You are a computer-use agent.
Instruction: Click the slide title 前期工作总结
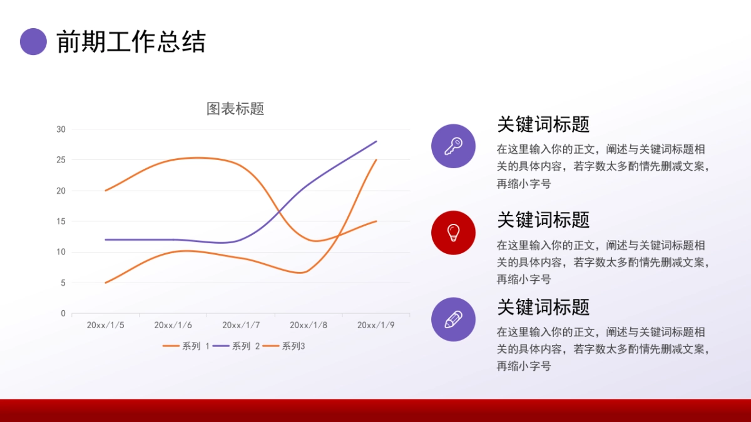click(x=131, y=42)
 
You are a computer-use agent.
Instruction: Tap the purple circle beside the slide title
click(x=34, y=42)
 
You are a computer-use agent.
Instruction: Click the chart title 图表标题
click(x=235, y=109)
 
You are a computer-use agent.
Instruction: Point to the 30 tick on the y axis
click(x=61, y=129)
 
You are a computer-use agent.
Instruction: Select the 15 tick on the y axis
click(x=61, y=221)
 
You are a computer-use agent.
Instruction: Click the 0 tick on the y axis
click(x=63, y=313)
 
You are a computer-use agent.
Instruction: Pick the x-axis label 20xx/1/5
click(x=105, y=325)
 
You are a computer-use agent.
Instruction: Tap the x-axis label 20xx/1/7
click(x=241, y=325)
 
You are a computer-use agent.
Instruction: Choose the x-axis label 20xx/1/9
click(x=376, y=325)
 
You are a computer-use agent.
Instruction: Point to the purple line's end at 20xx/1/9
click(x=376, y=141)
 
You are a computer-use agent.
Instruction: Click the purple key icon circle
click(x=453, y=146)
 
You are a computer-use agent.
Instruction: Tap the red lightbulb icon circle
click(x=453, y=233)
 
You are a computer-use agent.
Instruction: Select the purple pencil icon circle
click(x=453, y=319)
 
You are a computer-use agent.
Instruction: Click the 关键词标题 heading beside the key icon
click(x=543, y=124)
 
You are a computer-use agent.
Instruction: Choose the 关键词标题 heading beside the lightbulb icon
click(x=543, y=219)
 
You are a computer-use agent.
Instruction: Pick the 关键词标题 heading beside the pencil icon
click(x=543, y=307)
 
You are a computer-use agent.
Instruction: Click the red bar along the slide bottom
click(x=375, y=410)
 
